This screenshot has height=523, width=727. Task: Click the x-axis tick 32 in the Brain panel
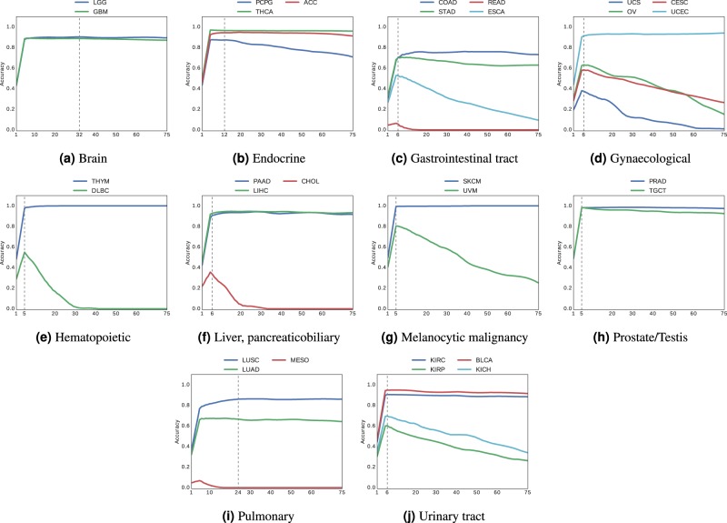click(79, 136)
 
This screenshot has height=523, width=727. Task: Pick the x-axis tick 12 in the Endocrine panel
click(224, 136)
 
